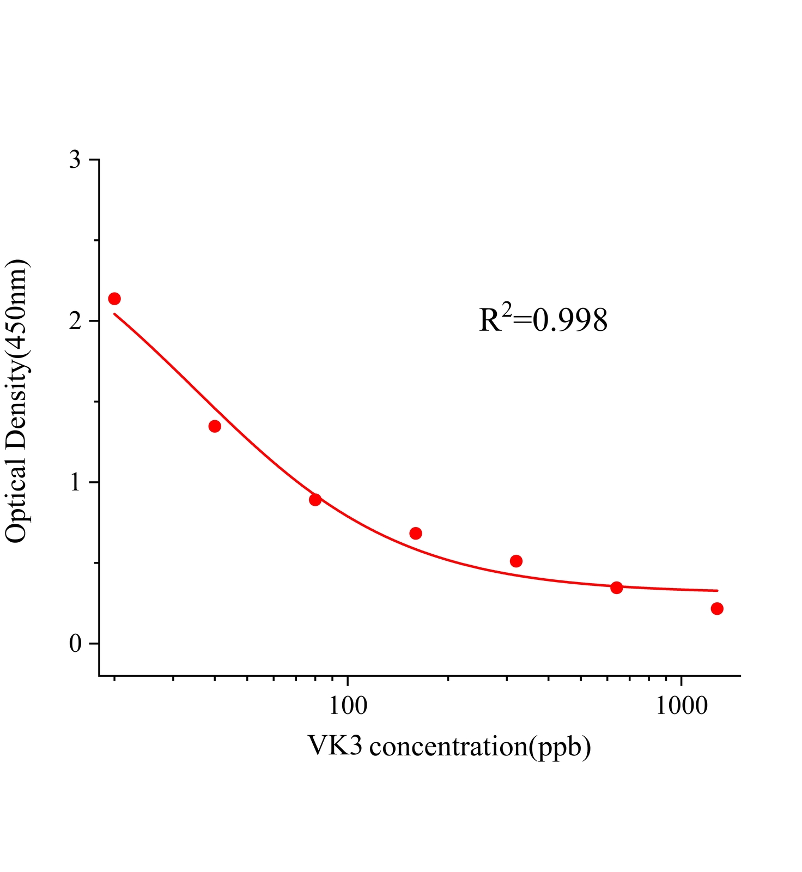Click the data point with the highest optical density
coord(114,299)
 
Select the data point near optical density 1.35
coord(215,426)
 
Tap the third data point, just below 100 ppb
coord(315,500)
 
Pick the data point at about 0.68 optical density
coord(416,533)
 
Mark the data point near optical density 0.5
coord(516,561)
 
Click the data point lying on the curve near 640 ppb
coord(616,588)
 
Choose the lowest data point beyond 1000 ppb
coord(717,608)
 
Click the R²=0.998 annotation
coord(543,320)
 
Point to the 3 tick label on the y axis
coord(75,160)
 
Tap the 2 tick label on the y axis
coord(75,322)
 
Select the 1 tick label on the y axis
coord(75,483)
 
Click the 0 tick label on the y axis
coord(75,644)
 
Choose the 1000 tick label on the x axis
coord(681,706)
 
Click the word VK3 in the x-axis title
coord(335,746)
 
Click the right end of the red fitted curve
coord(717,590)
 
